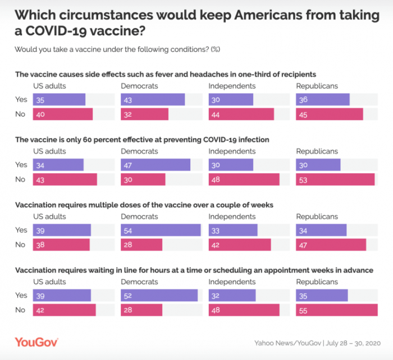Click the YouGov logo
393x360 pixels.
coord(36,341)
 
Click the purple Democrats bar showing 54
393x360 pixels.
coord(161,230)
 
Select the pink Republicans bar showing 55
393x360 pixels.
coord(337,310)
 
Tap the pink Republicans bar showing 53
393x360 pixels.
coord(335,179)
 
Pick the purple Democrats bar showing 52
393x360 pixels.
coord(159,296)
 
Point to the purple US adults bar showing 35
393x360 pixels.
coord(59,99)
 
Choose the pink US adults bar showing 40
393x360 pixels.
coord(62,114)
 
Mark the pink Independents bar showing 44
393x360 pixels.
coord(241,114)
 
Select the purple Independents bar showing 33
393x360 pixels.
coord(233,230)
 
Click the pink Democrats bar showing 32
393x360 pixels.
coord(144,114)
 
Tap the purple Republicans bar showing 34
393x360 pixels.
coord(321,230)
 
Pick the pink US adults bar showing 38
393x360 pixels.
coord(61,244)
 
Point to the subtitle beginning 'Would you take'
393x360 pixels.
coord(117,49)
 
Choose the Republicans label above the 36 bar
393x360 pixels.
coord(317,86)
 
